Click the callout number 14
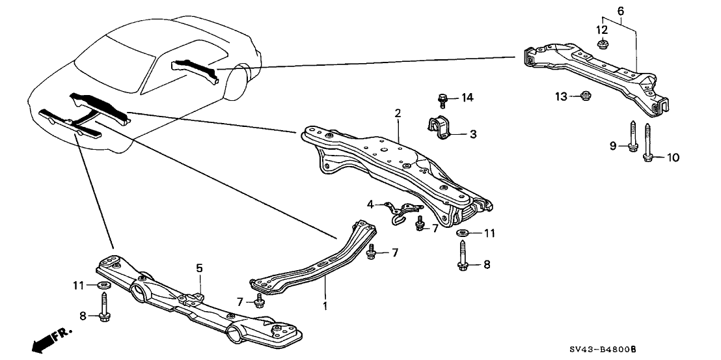467,98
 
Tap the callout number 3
473,135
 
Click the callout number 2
397,113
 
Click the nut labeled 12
602,45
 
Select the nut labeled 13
584,97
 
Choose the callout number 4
370,204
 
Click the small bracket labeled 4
400,210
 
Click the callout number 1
325,305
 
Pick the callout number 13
560,97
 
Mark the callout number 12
602,30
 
